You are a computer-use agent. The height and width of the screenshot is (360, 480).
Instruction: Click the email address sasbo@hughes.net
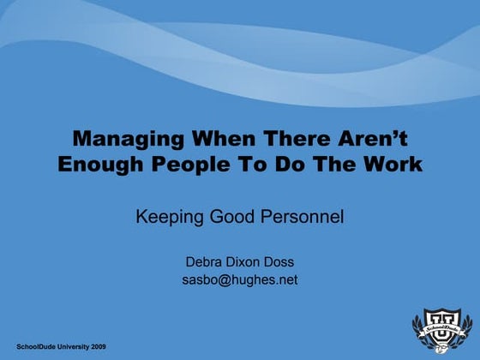(x=240, y=279)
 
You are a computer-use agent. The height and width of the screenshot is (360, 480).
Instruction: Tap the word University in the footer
(x=68, y=344)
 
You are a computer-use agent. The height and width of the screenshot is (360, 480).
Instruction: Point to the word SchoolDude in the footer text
(x=31, y=344)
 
